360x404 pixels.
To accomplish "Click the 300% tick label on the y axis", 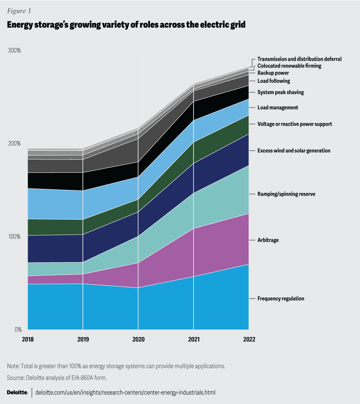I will [15, 51].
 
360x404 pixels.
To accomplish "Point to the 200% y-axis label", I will [15, 144].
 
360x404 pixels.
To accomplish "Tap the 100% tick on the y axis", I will [15, 237].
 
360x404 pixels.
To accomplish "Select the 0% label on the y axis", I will [18, 330].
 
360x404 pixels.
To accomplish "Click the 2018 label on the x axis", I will [28, 339].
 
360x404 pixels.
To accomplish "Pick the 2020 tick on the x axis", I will [138, 339].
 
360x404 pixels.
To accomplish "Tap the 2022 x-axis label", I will [249, 339].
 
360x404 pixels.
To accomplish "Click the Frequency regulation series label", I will [281, 299].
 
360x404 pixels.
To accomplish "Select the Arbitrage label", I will [268, 240].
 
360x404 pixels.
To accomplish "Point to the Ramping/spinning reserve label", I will [286, 194].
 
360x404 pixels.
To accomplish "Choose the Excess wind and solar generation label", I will [294, 151].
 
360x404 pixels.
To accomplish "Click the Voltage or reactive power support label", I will [295, 124].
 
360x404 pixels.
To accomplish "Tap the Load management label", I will [278, 108].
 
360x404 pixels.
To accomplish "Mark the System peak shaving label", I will [280, 92].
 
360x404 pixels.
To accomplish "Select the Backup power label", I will [273, 73].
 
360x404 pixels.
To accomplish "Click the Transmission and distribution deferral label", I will [300, 59].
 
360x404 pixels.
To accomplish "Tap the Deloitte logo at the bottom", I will [18, 392].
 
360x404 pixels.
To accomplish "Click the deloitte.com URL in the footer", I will [125, 392].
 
